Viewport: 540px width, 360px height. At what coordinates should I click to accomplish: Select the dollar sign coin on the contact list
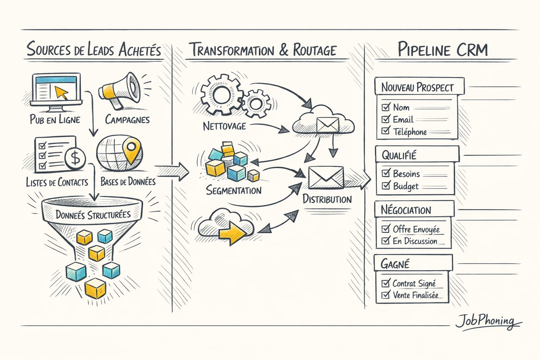(75, 158)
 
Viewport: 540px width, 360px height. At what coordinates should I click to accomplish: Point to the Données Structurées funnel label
(93, 214)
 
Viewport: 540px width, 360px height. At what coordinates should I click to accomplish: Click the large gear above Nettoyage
(221, 94)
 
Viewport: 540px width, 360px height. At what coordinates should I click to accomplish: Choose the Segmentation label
(234, 191)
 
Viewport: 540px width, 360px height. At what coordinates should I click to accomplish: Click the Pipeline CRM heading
(443, 50)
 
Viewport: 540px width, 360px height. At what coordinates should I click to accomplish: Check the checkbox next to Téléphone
(386, 131)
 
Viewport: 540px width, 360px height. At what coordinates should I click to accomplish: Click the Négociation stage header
(406, 210)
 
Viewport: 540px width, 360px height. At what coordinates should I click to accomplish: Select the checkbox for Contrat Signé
(386, 283)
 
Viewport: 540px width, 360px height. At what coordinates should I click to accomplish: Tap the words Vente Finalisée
(416, 295)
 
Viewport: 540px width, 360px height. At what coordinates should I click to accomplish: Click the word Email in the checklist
(403, 120)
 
